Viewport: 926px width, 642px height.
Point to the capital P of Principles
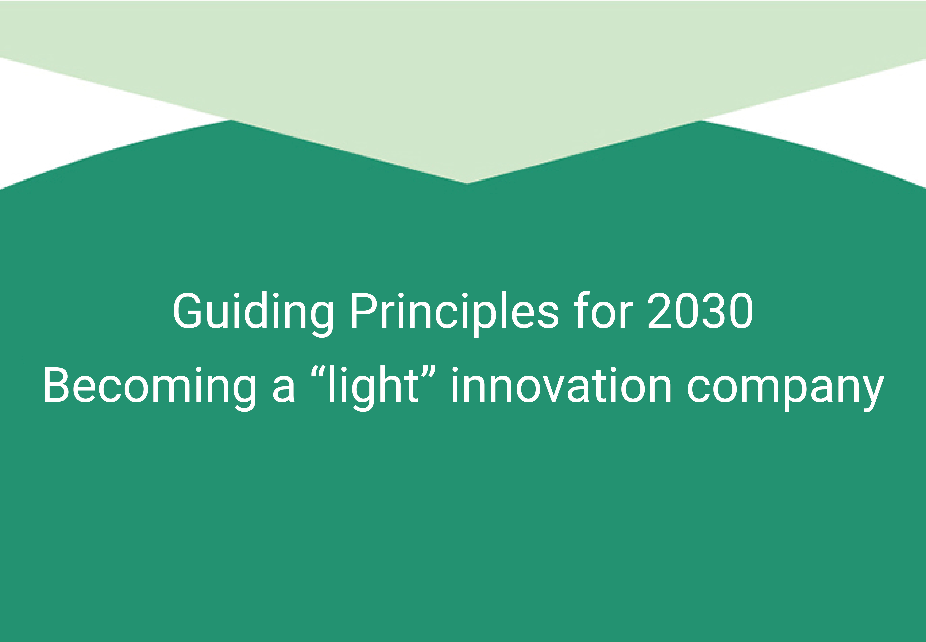point(364,310)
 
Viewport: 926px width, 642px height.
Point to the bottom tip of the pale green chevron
point(467,183)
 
